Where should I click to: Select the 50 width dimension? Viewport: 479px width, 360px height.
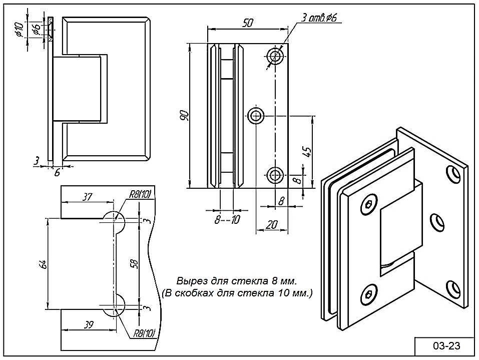tap(248, 23)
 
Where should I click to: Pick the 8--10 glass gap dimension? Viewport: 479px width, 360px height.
tap(227, 219)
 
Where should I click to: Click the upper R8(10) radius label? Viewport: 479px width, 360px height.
tap(142, 195)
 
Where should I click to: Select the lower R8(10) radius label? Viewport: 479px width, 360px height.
tap(144, 333)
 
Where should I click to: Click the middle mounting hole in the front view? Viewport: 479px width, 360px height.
tap(256, 116)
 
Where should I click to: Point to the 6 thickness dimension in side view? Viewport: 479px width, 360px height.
tap(57, 172)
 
